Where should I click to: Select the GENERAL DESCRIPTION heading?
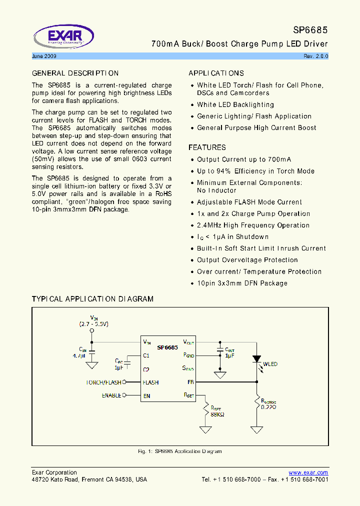(x=75, y=73)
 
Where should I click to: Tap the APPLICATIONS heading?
(x=216, y=73)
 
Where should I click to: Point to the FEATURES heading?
(x=207, y=147)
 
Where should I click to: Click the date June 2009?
(x=43, y=56)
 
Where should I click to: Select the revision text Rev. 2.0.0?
(x=315, y=56)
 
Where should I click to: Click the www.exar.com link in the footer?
(x=308, y=472)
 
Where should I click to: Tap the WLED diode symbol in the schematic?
(x=257, y=359)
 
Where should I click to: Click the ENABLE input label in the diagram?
(x=111, y=395)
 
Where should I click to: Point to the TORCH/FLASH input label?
(x=103, y=382)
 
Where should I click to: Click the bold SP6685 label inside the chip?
(x=167, y=347)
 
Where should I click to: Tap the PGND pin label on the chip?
(x=188, y=355)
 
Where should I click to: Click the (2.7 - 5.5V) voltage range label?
(x=93, y=324)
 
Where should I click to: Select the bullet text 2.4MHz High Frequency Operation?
(x=253, y=225)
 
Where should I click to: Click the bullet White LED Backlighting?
(x=235, y=105)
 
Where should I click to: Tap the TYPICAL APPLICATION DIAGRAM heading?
(x=92, y=299)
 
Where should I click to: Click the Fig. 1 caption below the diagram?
(x=179, y=451)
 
